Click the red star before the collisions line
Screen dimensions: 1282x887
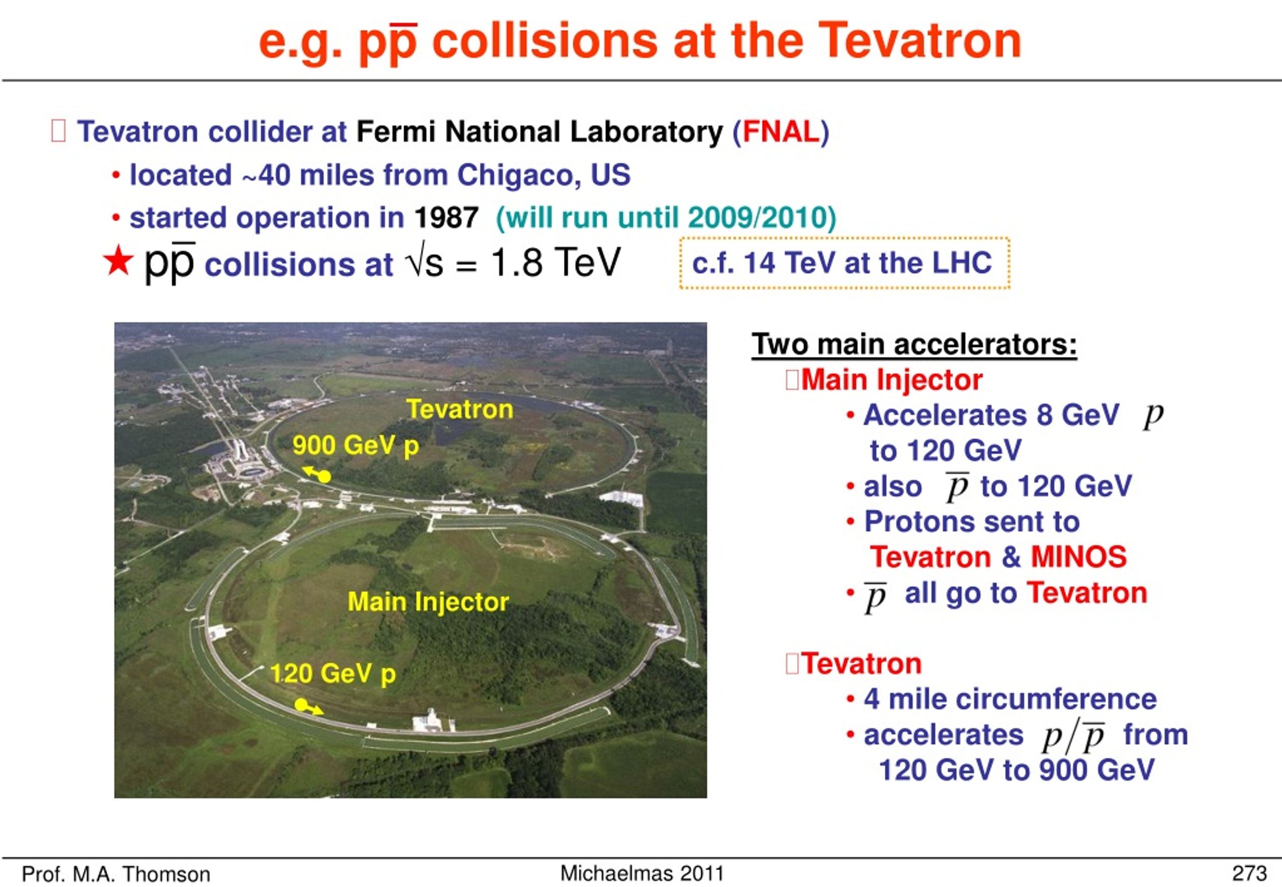coord(118,262)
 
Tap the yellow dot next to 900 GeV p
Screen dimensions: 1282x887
coord(325,477)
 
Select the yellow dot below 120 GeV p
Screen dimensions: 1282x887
coord(301,705)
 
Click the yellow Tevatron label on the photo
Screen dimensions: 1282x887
coord(460,409)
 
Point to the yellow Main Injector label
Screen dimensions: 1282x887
coord(428,601)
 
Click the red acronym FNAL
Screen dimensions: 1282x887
coord(781,132)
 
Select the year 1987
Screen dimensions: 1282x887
coord(446,217)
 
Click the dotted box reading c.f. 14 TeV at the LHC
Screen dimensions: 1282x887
coord(844,263)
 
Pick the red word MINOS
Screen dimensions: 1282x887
coord(1079,557)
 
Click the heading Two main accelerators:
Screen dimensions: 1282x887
coord(914,344)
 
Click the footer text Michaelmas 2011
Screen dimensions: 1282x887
coord(642,873)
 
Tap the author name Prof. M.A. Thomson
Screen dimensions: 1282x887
coord(116,874)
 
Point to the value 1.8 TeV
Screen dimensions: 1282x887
coord(555,262)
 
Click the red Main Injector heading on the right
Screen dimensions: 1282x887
coord(892,380)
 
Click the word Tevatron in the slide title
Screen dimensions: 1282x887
coord(919,41)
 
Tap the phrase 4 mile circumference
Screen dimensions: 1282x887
coord(1010,699)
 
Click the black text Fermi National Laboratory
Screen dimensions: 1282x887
coord(539,132)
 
